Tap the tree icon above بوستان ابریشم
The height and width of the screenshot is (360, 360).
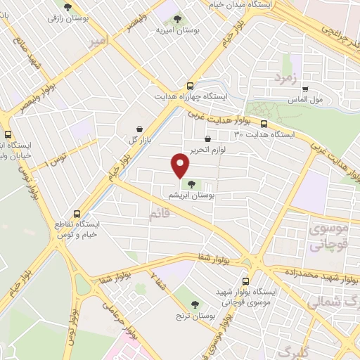[192, 184]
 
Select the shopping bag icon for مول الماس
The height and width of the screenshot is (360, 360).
[304, 89]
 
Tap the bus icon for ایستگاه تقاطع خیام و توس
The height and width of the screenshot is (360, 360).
[77, 214]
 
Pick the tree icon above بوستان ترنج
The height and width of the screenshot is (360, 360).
[195, 304]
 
